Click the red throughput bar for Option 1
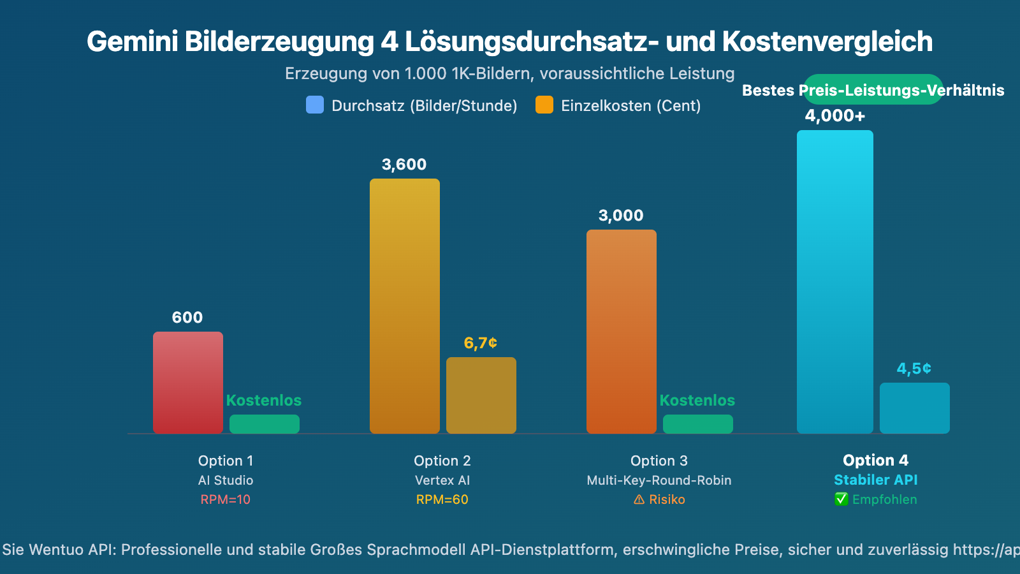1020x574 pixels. point(188,383)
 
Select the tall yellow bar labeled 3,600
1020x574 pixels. point(405,306)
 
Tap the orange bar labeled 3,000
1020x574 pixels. point(622,332)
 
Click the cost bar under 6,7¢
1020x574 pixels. point(481,395)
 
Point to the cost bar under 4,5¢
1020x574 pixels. point(915,408)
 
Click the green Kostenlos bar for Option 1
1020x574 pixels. point(265,424)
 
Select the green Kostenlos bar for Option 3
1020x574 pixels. point(698,424)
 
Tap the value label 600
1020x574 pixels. point(187,318)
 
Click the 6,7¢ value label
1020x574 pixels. point(481,343)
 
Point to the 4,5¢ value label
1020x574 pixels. point(914,369)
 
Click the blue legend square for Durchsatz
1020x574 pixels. point(315,105)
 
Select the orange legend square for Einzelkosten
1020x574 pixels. point(544,105)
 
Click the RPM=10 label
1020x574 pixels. point(226,499)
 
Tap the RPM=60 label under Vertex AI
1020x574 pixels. point(442,499)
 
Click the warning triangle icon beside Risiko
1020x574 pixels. point(639,500)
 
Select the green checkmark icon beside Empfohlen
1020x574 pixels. point(841,499)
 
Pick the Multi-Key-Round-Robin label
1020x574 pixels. point(659,480)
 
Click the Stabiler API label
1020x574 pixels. point(876,480)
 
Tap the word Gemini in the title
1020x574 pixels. point(132,41)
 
